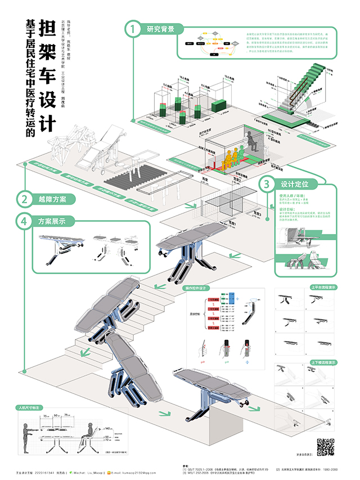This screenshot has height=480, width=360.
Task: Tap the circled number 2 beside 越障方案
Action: (x=24, y=199)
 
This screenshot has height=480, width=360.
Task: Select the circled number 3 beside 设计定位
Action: (x=267, y=184)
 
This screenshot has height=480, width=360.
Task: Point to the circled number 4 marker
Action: (x=24, y=221)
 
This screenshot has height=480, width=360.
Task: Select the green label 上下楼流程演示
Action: (x=323, y=362)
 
